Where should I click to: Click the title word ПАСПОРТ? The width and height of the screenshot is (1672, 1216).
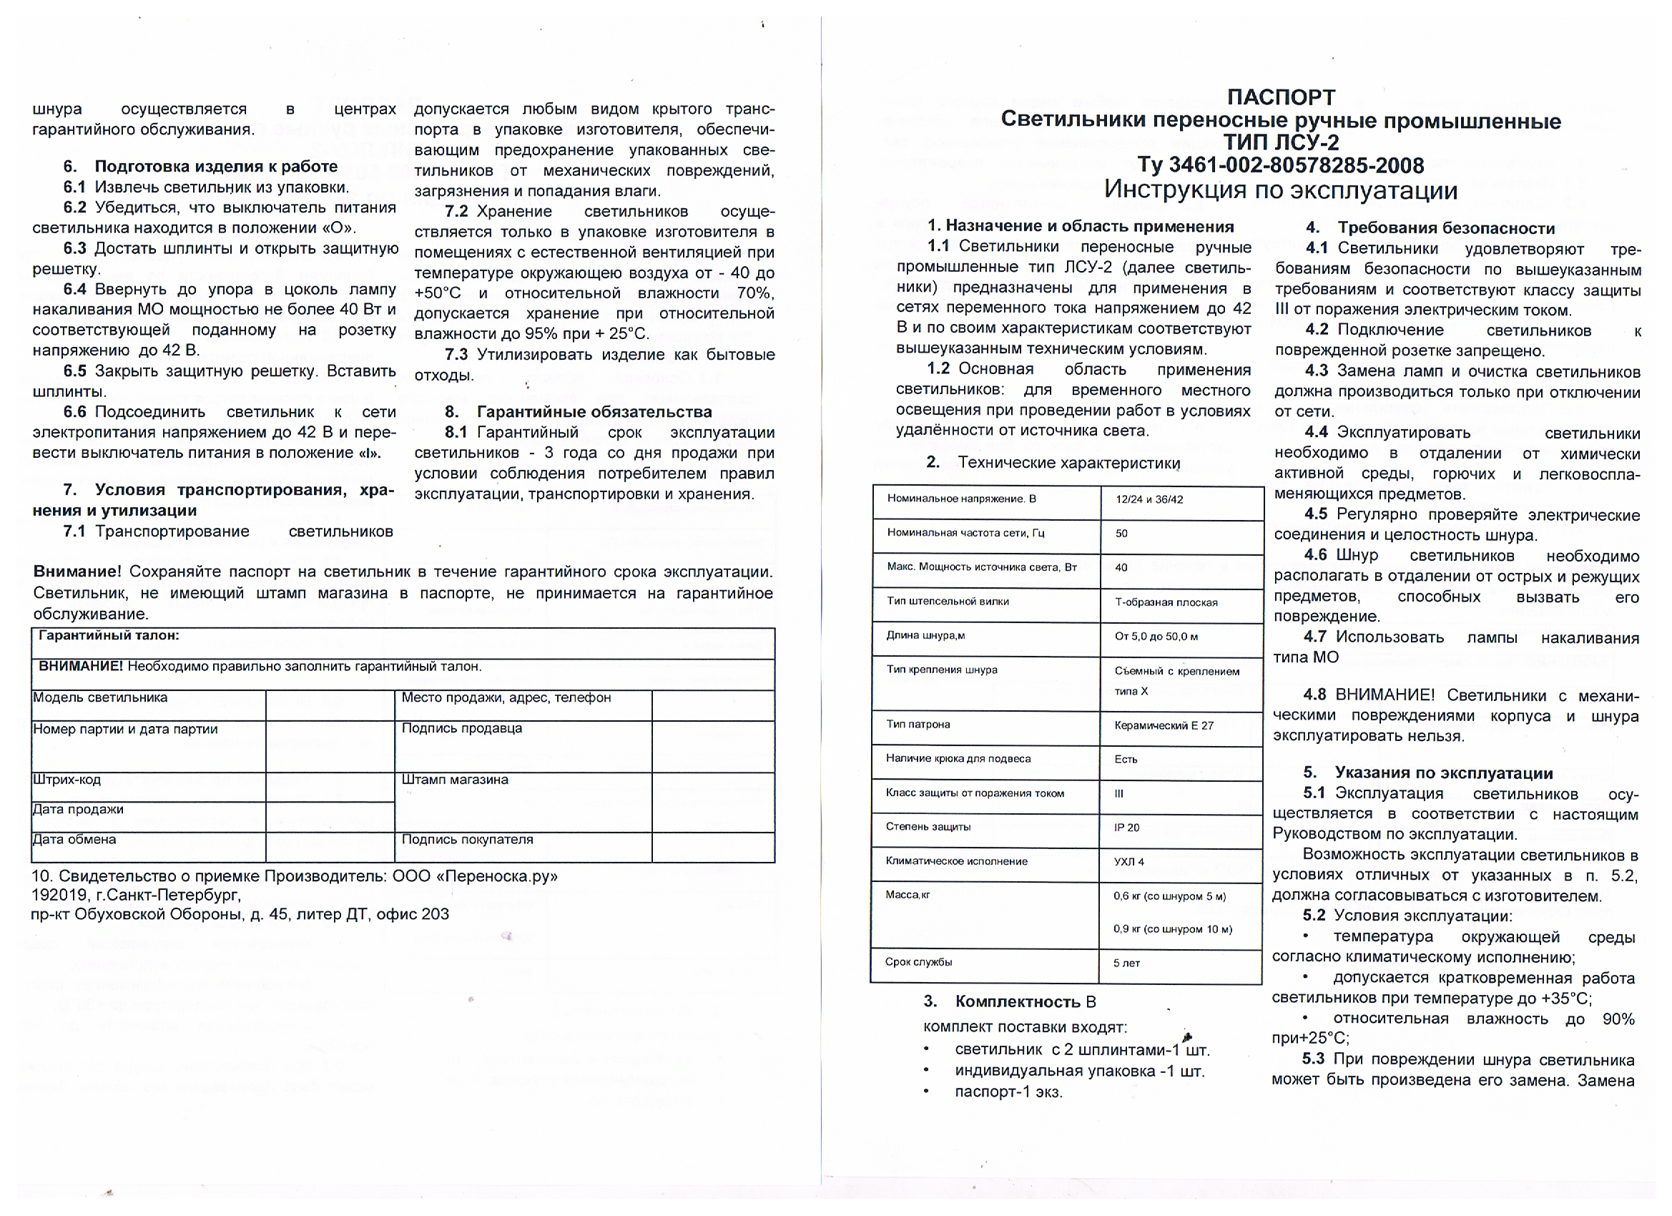(x=1281, y=97)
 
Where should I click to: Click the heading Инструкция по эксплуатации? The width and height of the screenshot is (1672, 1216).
(x=1281, y=190)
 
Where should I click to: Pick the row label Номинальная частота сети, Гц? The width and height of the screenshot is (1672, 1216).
(x=965, y=533)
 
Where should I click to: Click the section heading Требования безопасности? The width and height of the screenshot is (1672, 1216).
(x=1446, y=228)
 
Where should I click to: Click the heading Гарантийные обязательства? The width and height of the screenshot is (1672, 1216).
(x=594, y=411)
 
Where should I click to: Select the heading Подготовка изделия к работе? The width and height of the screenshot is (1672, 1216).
(x=216, y=166)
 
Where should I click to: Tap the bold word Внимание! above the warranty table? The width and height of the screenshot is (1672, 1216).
(x=77, y=572)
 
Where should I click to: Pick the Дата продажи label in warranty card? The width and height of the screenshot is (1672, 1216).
(x=78, y=809)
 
